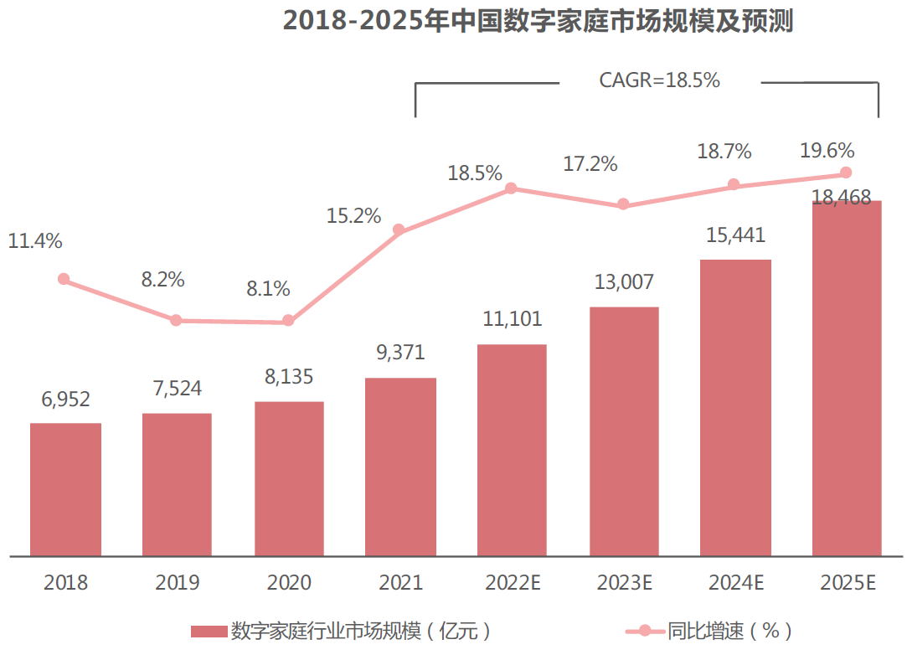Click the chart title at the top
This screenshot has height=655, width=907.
tap(538, 21)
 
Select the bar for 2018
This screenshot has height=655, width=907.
tap(65, 489)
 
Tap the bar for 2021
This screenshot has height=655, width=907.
tap(400, 467)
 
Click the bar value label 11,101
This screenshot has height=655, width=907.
tap(513, 319)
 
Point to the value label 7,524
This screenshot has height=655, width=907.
tap(176, 389)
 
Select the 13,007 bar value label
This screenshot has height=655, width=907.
tap(624, 281)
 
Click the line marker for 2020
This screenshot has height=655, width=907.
tap(288, 321)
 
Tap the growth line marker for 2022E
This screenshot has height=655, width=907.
tap(512, 188)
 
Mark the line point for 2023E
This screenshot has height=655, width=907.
tap(623, 204)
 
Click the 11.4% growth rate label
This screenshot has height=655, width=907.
tap(35, 241)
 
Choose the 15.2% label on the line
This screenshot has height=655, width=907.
tap(353, 216)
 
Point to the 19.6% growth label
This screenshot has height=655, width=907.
tap(827, 151)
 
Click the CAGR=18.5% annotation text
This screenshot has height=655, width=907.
tap(660, 80)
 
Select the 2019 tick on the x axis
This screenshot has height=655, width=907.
tap(177, 583)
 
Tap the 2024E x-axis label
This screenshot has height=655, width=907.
tap(734, 583)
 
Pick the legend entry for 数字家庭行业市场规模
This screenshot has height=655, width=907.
tap(343, 631)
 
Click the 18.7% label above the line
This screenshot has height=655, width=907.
tap(724, 152)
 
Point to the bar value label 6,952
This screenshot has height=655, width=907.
tap(65, 400)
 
